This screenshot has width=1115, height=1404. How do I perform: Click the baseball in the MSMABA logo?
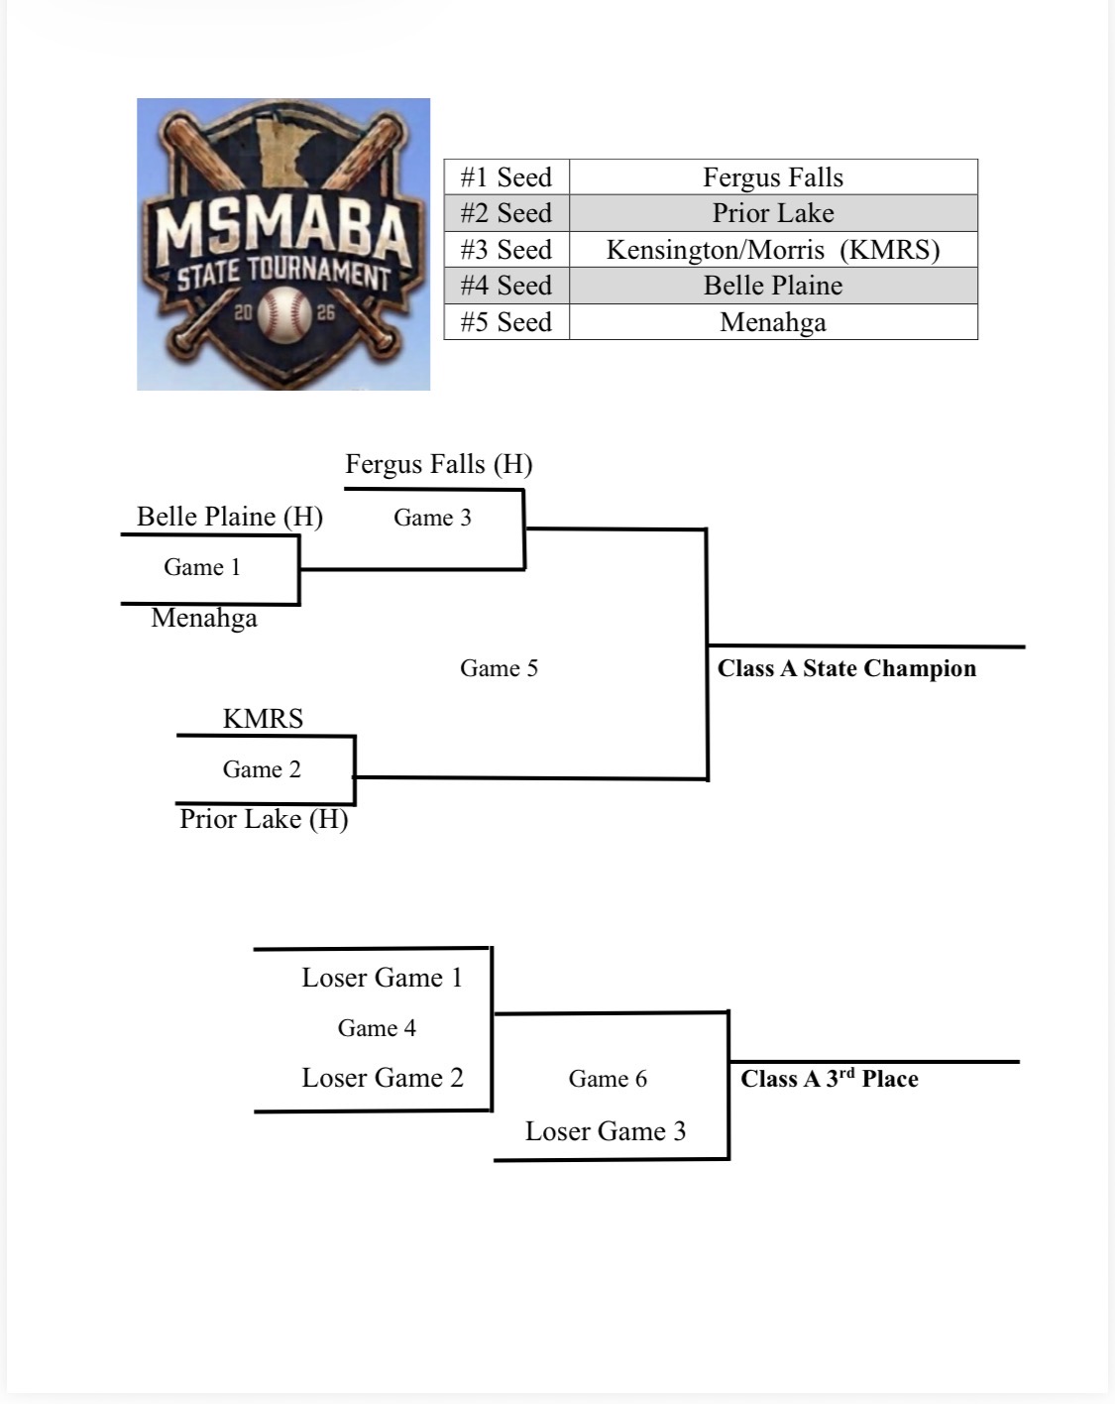click(x=284, y=314)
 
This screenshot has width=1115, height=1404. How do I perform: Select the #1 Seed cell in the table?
click(x=506, y=177)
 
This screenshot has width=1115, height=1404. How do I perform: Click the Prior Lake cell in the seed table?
click(x=773, y=213)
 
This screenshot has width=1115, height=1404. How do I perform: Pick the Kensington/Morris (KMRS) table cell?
click(x=773, y=250)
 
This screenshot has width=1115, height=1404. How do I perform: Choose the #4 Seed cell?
click(x=506, y=286)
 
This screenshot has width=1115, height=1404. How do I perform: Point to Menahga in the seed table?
click(x=773, y=322)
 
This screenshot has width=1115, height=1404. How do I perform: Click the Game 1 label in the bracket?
click(x=202, y=567)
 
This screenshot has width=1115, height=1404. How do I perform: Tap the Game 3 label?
click(x=432, y=518)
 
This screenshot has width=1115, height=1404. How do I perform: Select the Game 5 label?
click(x=499, y=668)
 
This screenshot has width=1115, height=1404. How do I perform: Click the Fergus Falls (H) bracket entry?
click(x=439, y=464)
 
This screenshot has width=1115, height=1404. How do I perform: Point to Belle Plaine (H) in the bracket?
click(x=230, y=517)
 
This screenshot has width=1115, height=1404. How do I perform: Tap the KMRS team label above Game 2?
click(x=263, y=718)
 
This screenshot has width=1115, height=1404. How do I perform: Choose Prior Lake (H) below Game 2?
click(x=264, y=819)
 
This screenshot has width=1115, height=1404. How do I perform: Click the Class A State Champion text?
click(x=847, y=668)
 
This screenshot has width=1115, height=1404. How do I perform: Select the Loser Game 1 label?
click(x=383, y=978)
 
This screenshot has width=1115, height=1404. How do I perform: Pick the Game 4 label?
click(x=377, y=1028)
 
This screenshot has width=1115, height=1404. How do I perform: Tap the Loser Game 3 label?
click(x=606, y=1131)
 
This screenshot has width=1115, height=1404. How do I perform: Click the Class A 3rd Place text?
click(x=830, y=1078)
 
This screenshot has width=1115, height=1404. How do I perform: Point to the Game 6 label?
click(x=608, y=1079)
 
